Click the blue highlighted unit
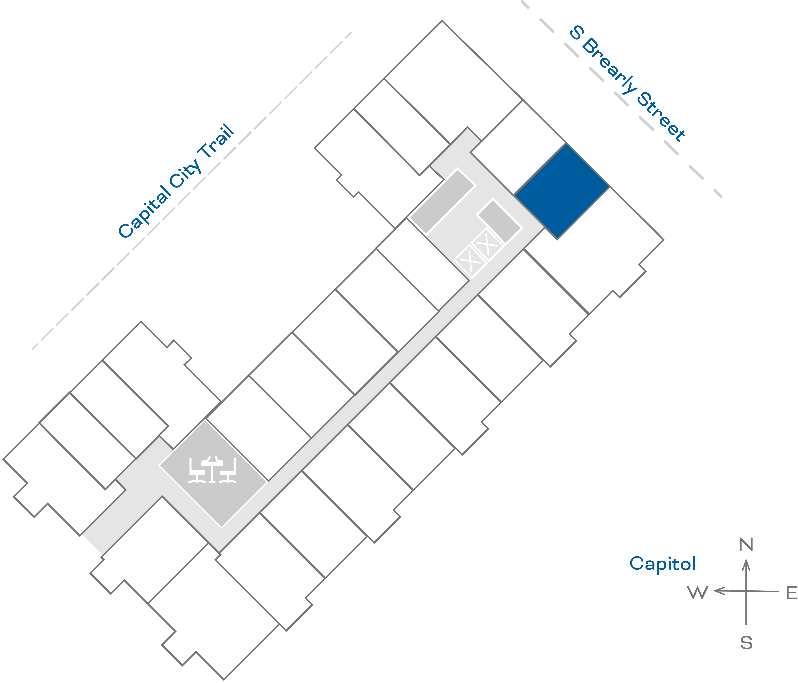(x=562, y=191)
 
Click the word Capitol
(x=662, y=564)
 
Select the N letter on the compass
(x=746, y=544)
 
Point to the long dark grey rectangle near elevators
(x=442, y=201)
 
